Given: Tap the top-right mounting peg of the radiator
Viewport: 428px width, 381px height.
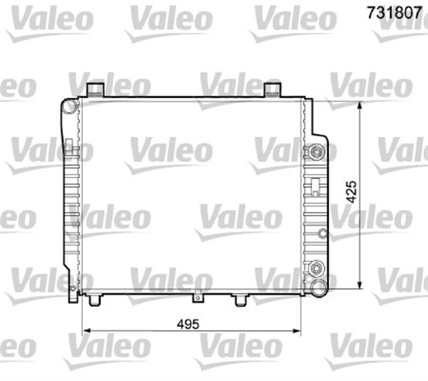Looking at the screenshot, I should coord(271,89).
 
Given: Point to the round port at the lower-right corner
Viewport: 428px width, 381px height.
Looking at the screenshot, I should coord(319,288).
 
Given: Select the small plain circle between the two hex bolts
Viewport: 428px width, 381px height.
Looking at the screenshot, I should coord(322,234).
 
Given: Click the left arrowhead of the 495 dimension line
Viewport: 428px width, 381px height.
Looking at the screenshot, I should coord(86,331).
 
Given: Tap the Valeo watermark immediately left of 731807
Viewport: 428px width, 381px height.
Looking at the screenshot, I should coord(292,20).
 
